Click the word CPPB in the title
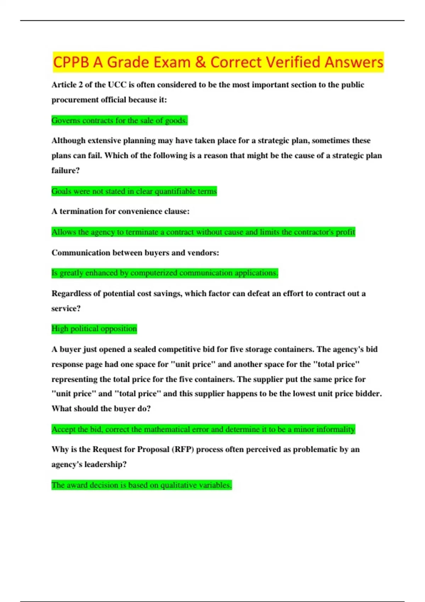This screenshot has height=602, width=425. point(71,62)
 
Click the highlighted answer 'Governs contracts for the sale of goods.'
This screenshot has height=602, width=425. point(119,121)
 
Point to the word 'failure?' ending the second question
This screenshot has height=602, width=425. point(66,171)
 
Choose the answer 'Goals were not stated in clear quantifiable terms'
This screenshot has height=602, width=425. point(134,192)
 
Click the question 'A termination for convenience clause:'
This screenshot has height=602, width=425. point(120,211)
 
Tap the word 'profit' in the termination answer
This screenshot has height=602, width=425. point(345,232)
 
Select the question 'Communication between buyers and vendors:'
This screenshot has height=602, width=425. point(135,253)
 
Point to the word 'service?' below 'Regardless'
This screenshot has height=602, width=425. point(66,308)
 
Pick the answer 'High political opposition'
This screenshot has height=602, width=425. point(94,329)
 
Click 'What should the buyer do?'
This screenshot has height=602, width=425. point(101,409)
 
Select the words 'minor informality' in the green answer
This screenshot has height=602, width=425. point(324,430)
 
